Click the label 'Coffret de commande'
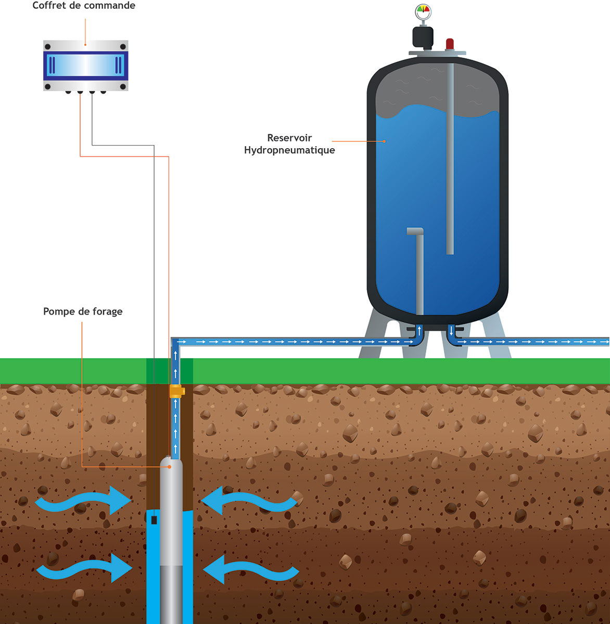point(84,6)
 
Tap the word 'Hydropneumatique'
point(289,150)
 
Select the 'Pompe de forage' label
point(83,311)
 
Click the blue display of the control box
point(85,66)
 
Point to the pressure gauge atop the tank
point(423,10)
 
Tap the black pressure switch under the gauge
point(423,36)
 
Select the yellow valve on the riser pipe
point(176,391)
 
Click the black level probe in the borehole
point(154,519)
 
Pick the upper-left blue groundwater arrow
point(83,502)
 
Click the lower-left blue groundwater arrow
point(83,568)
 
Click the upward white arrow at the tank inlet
point(419,330)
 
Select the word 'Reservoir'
point(289,138)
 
